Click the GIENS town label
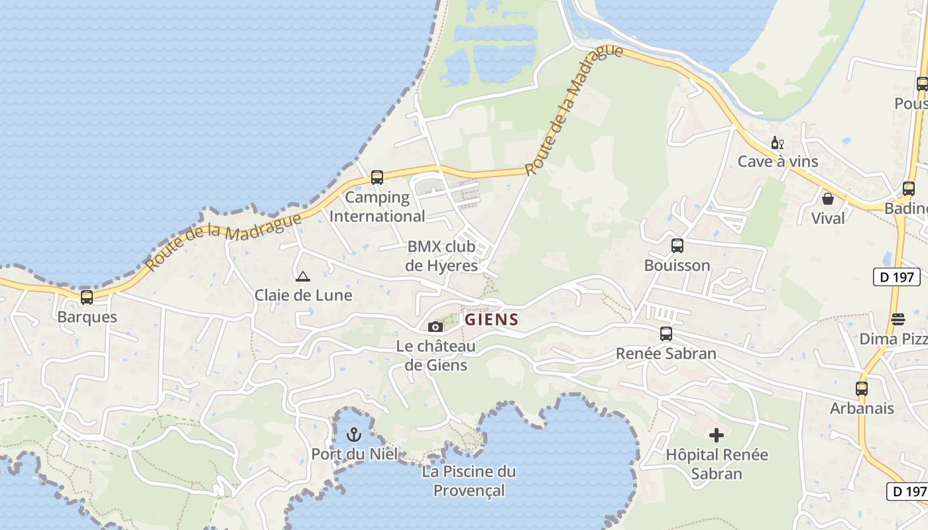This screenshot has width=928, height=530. pyautogui.click(x=491, y=319)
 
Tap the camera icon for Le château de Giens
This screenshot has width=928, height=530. pyautogui.click(x=435, y=327)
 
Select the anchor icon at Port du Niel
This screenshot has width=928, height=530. pyautogui.click(x=354, y=435)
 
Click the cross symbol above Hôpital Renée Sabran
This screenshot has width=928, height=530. pyautogui.click(x=717, y=435)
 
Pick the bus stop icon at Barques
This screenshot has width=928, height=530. pyautogui.click(x=87, y=297)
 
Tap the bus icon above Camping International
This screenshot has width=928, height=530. pyautogui.click(x=377, y=178)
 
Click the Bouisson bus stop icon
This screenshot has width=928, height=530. pyautogui.click(x=677, y=246)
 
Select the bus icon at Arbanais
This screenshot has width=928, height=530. pyautogui.click(x=862, y=389)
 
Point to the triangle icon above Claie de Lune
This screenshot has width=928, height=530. pyautogui.click(x=303, y=276)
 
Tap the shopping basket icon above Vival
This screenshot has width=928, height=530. pyautogui.click(x=828, y=198)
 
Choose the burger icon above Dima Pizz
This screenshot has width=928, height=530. pyautogui.click(x=898, y=319)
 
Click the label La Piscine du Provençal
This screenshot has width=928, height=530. pyautogui.click(x=469, y=481)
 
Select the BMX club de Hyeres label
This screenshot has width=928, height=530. pyautogui.click(x=441, y=256)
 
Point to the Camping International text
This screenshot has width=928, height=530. pyautogui.click(x=377, y=207)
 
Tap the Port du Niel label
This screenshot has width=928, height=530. pyautogui.click(x=355, y=454)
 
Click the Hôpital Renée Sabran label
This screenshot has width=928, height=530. pyautogui.click(x=717, y=464)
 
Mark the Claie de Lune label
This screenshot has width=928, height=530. pyautogui.click(x=304, y=295)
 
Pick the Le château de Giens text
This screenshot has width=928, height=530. pyautogui.click(x=435, y=356)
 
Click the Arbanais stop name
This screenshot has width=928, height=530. pyautogui.click(x=862, y=408)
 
